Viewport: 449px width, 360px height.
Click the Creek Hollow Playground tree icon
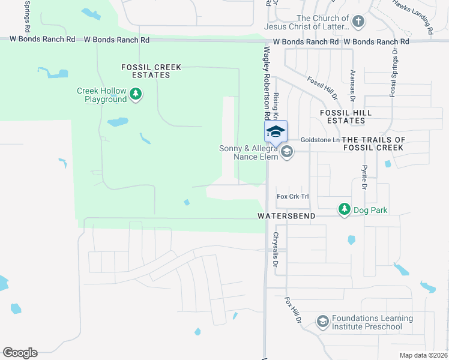(136, 94)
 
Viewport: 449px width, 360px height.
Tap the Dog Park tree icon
(345, 209)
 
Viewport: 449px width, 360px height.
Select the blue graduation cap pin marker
(276, 131)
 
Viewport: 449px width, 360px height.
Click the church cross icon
(358, 23)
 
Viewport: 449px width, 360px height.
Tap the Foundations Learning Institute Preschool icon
(323, 322)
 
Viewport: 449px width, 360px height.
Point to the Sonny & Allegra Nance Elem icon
(287, 152)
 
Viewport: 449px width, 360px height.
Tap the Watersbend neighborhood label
(286, 216)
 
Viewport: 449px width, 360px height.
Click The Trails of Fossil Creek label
(382, 143)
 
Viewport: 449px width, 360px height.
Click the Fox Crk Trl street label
(292, 196)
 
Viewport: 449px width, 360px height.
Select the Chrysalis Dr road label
(276, 250)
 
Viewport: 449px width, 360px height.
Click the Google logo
(20, 353)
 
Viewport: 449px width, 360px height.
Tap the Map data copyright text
(423, 355)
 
